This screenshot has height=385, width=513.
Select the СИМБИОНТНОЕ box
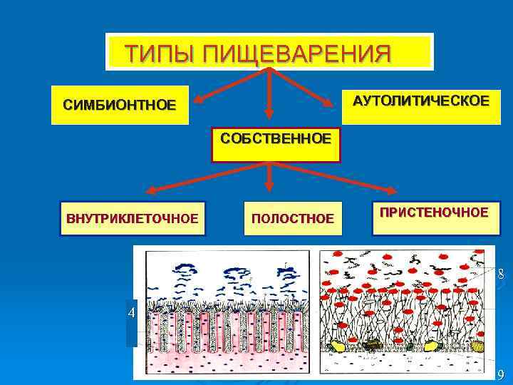119,106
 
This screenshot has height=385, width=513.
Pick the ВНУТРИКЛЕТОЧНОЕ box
133,218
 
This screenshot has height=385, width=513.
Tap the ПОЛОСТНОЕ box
292,218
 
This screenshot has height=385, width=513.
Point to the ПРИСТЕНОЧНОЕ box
434,212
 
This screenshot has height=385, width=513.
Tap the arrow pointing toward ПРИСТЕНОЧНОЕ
335,178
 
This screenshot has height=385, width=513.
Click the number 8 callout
502,274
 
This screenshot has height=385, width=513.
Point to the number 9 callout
502,375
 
